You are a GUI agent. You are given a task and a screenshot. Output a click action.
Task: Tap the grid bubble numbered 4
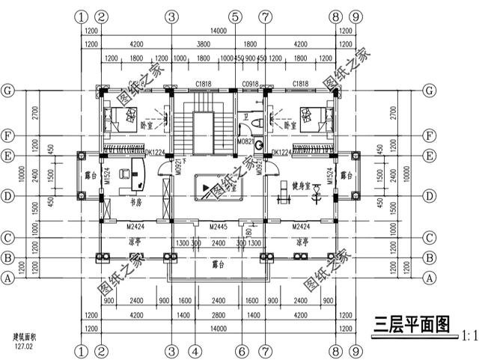tap(194, 350)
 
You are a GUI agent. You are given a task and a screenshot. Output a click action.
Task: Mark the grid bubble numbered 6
tap(242, 350)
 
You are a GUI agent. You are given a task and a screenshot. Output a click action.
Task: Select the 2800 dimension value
tap(218, 316)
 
